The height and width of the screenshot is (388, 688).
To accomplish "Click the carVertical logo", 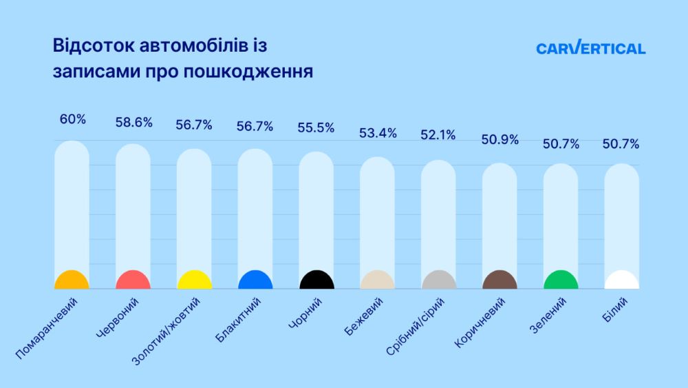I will click(x=590, y=48).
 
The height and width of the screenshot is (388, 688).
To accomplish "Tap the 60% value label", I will click(x=72, y=119).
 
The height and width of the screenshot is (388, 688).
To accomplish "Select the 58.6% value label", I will click(x=133, y=122).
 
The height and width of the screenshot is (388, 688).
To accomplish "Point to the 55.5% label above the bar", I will click(x=316, y=127).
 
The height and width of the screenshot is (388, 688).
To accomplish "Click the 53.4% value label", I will click(x=378, y=133).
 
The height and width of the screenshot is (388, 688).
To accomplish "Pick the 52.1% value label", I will click(x=438, y=136).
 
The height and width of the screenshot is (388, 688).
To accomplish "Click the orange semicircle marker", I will click(x=72, y=280).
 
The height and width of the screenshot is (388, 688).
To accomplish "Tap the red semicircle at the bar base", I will click(x=133, y=280).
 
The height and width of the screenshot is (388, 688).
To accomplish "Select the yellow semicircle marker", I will click(x=194, y=280).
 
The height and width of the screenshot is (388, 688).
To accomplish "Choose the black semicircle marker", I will click(x=316, y=280).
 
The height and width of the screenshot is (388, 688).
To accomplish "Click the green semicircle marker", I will click(x=561, y=280).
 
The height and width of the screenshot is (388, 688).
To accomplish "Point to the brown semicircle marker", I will click(x=499, y=280).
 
